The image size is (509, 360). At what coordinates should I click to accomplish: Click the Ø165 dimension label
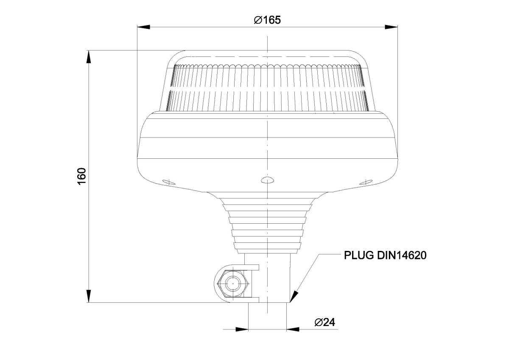coord(267,20)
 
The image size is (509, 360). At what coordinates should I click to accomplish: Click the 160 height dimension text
coord(82,176)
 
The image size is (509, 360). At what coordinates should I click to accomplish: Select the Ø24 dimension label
coord(325,322)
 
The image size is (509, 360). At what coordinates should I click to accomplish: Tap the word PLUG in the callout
coord(359,256)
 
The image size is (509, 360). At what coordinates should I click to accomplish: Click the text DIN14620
coord(402,256)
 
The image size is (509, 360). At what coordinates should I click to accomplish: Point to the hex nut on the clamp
coord(233,284)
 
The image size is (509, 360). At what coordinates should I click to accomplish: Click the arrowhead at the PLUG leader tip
coord(294,297)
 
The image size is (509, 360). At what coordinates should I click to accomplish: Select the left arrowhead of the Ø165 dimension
coord(144,27)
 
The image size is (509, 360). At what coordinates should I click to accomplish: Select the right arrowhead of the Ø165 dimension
coord(391,27)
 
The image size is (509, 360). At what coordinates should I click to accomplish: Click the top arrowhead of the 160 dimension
coord(89,56)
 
